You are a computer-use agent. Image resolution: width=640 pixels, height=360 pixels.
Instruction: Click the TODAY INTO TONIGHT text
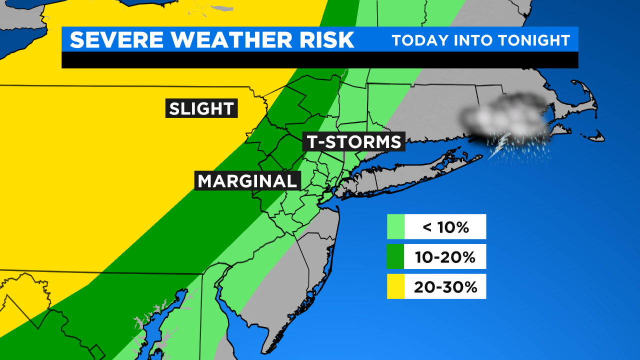tap(480, 40)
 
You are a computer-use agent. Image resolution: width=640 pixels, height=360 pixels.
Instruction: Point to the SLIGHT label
tap(201, 108)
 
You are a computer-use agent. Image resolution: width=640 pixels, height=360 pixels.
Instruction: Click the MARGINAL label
tap(247, 181)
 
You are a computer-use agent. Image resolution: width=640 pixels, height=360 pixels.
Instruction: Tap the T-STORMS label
tap(354, 142)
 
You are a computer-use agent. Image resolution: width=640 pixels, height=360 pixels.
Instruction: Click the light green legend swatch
tap(395, 227)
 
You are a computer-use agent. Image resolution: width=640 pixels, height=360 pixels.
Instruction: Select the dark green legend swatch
tap(395, 256)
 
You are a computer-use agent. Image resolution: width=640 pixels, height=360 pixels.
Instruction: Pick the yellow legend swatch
tap(395, 286)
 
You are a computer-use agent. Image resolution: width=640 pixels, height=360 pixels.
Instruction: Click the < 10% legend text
tap(445, 227)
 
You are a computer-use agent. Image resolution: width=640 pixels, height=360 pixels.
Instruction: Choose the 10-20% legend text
tap(445, 257)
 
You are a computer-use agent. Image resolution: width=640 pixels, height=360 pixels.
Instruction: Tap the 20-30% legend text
tap(445, 287)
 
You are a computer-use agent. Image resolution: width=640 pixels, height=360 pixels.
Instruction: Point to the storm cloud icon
tap(505, 117)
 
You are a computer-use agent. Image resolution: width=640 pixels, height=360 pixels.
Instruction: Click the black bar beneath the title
tap(320, 60)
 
